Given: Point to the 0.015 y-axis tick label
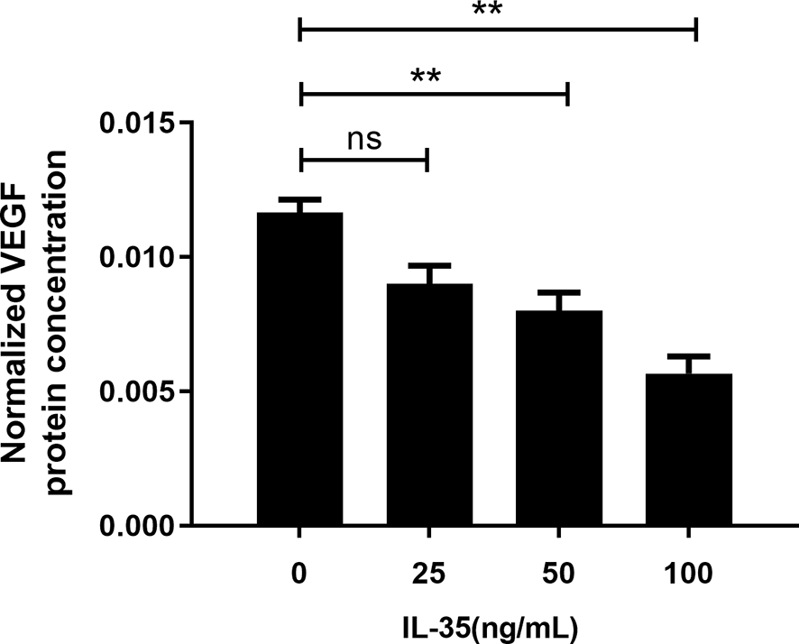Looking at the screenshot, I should click(136, 123).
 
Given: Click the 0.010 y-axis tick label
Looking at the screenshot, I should click(136, 257).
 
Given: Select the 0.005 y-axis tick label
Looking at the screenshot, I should click(136, 391).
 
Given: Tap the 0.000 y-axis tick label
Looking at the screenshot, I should click(136, 526).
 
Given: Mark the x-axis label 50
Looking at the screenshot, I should click(559, 573).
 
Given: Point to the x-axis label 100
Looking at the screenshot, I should click(689, 573).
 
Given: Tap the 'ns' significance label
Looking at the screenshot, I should click(363, 140).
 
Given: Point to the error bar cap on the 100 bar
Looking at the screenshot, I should click(689, 355).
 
